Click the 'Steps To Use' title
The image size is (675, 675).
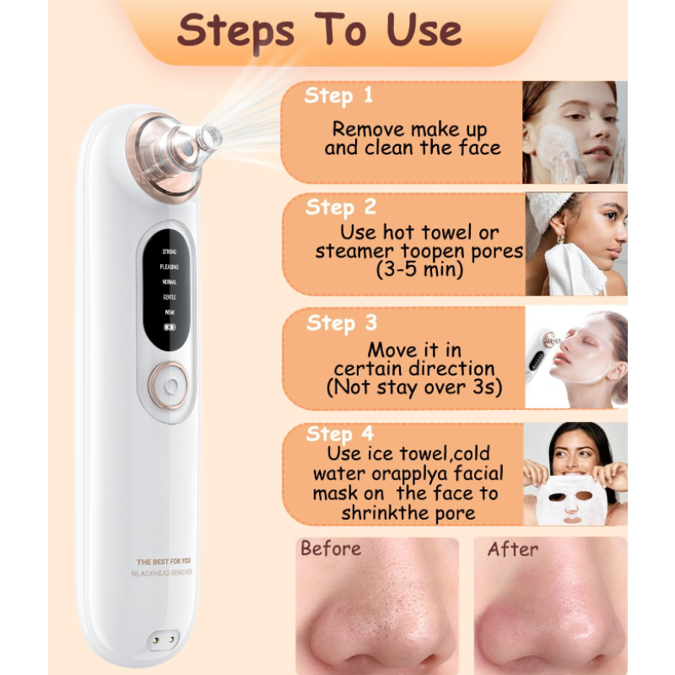(320, 30)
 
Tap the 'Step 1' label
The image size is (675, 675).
(337, 95)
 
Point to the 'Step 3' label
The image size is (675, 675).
(340, 323)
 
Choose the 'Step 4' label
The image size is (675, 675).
(339, 434)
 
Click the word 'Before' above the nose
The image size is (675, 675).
(331, 548)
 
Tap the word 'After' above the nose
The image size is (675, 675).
(512, 548)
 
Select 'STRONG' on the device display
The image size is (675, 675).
(169, 251)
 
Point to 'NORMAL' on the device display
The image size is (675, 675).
(169, 282)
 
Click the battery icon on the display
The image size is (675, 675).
(169, 327)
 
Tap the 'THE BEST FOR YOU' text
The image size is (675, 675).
(164, 561)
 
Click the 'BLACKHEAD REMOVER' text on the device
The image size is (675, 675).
(162, 573)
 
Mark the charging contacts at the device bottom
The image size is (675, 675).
(163, 639)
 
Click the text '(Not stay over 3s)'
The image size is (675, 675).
(413, 387)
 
